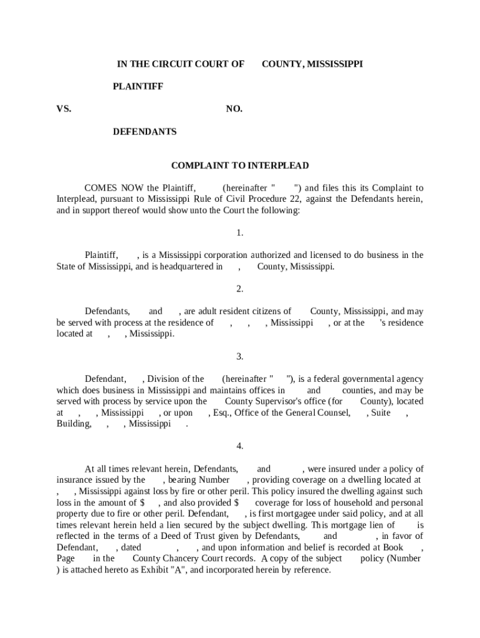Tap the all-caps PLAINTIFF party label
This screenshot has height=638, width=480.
[138, 87]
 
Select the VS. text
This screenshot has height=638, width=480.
[64, 109]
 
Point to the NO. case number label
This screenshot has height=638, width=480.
[234, 109]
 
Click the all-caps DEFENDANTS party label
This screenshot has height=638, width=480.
[144, 131]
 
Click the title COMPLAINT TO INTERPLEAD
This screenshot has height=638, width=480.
[240, 166]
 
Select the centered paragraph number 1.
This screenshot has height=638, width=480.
[239, 233]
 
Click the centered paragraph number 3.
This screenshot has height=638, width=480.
[239, 356]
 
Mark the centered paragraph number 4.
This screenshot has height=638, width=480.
[239, 446]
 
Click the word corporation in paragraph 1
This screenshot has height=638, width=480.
[223, 255]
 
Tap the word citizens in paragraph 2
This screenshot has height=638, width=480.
[274, 312]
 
